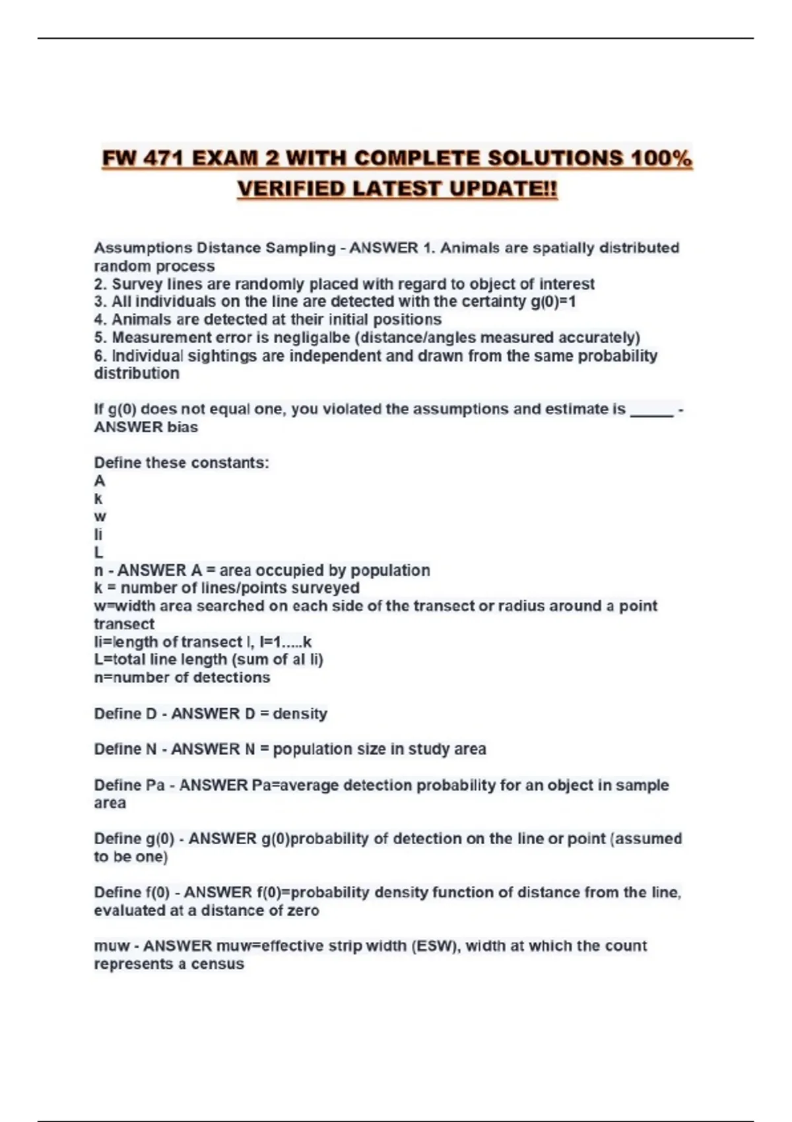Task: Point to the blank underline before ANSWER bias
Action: (x=652, y=410)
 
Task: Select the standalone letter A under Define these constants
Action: (x=100, y=481)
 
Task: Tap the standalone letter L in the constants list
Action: (x=98, y=552)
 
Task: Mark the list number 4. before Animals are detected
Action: (x=100, y=320)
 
